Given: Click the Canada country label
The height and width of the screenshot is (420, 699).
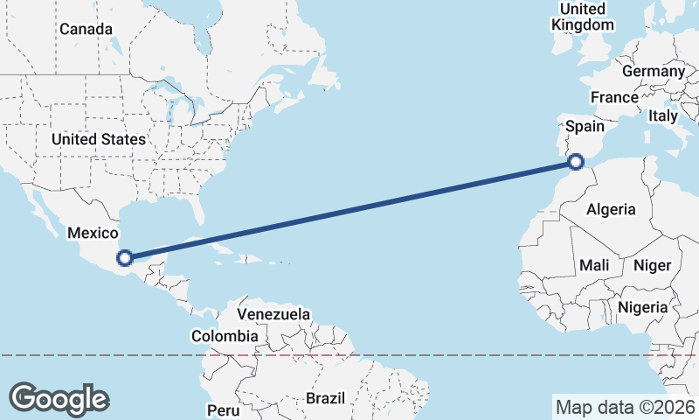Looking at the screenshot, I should [x=86, y=29].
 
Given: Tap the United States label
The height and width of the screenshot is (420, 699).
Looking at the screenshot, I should [x=98, y=139].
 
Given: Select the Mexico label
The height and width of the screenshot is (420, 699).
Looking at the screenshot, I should [x=93, y=233].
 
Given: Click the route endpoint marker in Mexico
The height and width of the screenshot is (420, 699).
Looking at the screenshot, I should [x=125, y=257].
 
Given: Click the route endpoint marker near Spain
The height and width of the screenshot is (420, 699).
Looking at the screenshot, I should [x=576, y=161].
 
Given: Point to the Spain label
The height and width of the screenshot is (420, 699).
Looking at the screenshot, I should [x=585, y=126].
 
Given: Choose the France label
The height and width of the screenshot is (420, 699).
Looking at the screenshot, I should [x=613, y=97].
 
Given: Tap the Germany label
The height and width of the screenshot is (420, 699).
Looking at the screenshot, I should [x=654, y=71].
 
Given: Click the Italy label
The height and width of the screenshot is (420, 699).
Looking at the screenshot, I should [x=663, y=115].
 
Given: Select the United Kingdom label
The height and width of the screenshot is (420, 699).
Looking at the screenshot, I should [x=583, y=17].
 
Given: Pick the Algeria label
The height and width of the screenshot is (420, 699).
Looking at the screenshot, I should [x=611, y=209].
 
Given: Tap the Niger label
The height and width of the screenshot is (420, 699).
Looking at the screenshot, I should [x=651, y=265].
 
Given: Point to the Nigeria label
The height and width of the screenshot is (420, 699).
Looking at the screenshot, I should [x=643, y=307].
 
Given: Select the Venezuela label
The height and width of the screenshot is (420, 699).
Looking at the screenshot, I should [x=273, y=313].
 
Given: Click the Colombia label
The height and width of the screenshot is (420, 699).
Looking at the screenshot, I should [x=225, y=336].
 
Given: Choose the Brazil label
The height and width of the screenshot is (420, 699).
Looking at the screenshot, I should [x=326, y=399].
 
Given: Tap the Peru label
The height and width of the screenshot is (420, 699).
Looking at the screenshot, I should [x=223, y=409].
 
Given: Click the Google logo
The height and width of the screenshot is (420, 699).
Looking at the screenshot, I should [x=59, y=398].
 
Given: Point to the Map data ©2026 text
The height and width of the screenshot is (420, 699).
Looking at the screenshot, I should [x=625, y=407].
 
